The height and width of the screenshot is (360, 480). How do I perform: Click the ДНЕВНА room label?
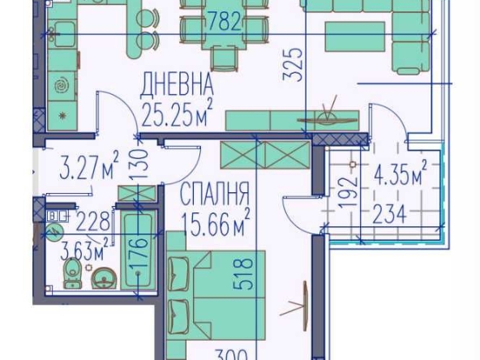click(177, 84)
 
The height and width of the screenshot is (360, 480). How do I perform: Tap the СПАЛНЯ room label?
click(214, 195)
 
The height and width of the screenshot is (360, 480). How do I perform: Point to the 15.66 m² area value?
click(215, 222)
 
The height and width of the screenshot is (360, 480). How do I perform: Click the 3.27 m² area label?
click(90, 169)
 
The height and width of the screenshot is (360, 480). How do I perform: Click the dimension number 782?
click(225, 22)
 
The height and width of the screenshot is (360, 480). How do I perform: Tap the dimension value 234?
click(389, 214)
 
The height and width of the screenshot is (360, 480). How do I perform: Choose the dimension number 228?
click(92, 221)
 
